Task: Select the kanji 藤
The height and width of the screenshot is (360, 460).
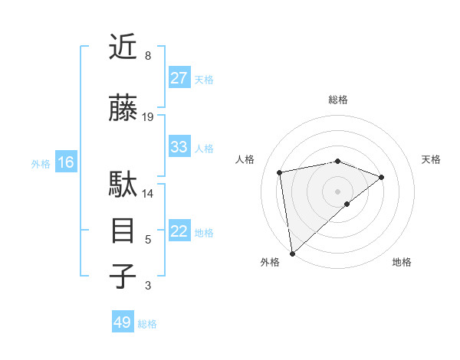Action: pos(123,109)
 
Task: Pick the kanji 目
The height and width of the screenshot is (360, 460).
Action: pos(123,231)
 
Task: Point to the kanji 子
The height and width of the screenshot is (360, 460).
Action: pos(123,275)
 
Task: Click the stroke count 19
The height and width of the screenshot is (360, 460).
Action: pos(148,117)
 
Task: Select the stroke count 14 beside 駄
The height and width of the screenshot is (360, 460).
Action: pos(148,194)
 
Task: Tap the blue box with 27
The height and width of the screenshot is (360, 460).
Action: pos(179,78)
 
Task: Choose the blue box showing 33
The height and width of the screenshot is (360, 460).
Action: pos(179,147)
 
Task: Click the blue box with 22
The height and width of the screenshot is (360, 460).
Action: pos(179,231)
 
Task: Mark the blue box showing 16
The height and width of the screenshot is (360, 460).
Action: pos(65,162)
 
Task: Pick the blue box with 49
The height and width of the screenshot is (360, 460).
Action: pos(122,322)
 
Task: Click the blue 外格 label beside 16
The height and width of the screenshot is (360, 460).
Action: pos(41,163)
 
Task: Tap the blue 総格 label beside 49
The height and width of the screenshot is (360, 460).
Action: pos(147,324)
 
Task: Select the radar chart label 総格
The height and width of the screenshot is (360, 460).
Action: pos(337,100)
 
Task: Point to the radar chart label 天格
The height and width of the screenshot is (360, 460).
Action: pos(432,159)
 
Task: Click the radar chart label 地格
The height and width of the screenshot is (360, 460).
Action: pos(402,263)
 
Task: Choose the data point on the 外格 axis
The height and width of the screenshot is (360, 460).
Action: pos(292,253)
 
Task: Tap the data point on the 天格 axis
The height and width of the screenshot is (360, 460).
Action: pos(381,177)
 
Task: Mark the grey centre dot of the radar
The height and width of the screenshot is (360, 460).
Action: pos(337,191)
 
